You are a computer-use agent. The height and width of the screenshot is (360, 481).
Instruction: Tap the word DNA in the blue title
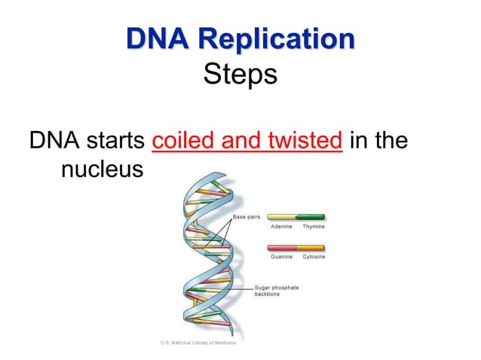click(x=155, y=38)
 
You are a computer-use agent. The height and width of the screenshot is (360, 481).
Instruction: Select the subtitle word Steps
click(x=240, y=75)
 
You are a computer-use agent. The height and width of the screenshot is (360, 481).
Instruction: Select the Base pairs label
click(x=247, y=217)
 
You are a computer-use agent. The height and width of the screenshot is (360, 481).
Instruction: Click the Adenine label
click(x=281, y=227)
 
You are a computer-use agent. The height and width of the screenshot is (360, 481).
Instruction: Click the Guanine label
click(x=281, y=257)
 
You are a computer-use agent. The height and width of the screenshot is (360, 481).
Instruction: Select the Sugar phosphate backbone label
click(x=276, y=291)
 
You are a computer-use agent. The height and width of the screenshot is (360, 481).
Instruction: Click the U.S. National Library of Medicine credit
click(x=198, y=343)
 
